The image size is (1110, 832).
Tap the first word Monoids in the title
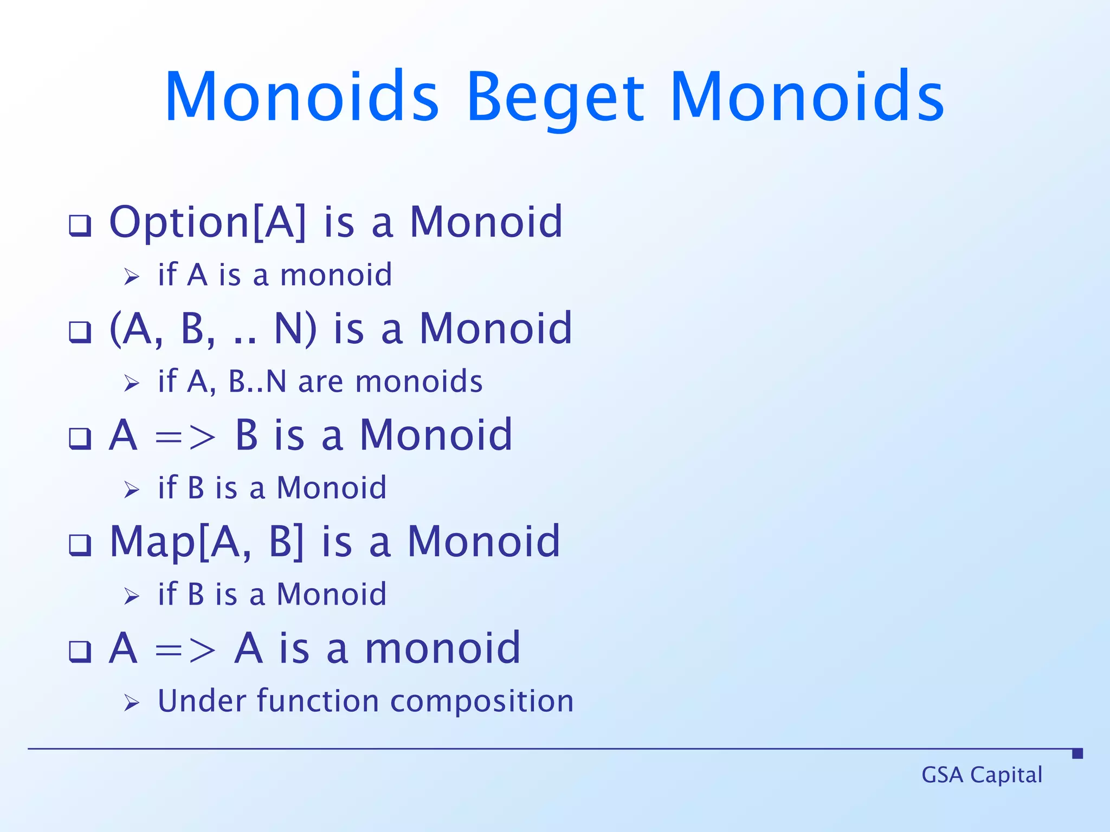tap(301, 97)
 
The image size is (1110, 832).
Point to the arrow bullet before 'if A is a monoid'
tap(132, 277)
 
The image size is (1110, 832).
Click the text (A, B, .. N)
tap(213, 329)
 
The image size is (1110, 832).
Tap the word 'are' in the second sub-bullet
tap(320, 382)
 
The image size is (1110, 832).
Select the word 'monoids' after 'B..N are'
tap(418, 381)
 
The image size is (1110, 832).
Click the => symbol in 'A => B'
tap(185, 437)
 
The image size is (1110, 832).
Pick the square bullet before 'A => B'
tap(80, 438)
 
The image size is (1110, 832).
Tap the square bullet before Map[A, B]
tap(80, 545)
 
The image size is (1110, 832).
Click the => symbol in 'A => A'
tap(185, 650)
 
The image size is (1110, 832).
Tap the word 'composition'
tap(482, 702)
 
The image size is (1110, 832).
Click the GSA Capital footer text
tap(982, 775)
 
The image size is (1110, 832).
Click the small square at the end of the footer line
tap(1077, 753)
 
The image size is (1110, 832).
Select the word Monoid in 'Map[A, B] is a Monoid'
tap(483, 542)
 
